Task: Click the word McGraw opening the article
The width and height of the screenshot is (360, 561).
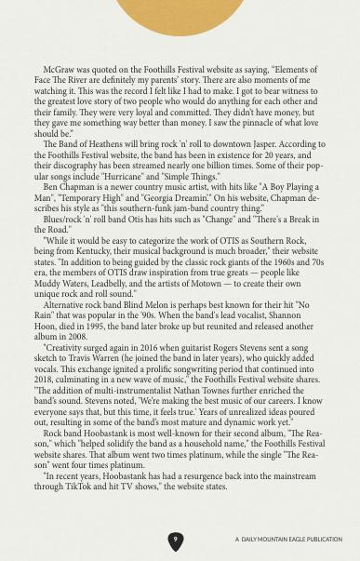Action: [x=60, y=69]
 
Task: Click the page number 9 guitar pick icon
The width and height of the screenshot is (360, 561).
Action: [x=175, y=540]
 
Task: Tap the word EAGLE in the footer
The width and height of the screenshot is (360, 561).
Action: [x=298, y=540]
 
